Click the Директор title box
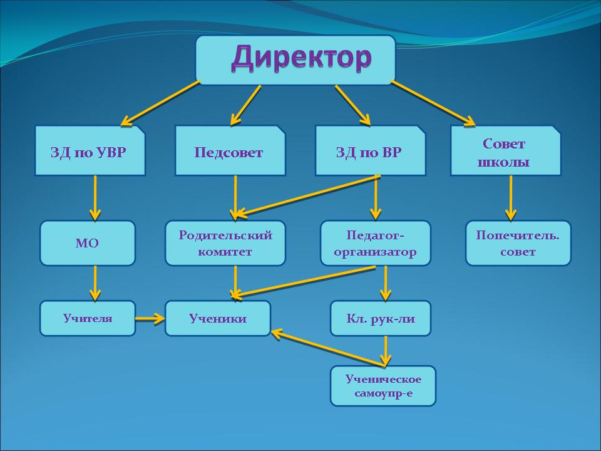click(295, 60)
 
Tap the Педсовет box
click(230, 151)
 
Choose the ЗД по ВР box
click(370, 151)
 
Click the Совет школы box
click(505, 151)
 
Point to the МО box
click(88, 243)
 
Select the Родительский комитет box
click(225, 243)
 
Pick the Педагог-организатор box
click(376, 243)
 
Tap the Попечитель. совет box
click(518, 243)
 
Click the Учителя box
click(88, 318)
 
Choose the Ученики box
click(218, 318)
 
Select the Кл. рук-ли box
click(381, 318)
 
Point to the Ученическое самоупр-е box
click(383, 386)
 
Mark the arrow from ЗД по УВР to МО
click(95, 197)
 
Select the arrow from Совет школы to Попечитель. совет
click(511, 197)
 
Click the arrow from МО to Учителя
click(95, 283)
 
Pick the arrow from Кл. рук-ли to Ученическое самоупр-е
click(386, 351)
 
